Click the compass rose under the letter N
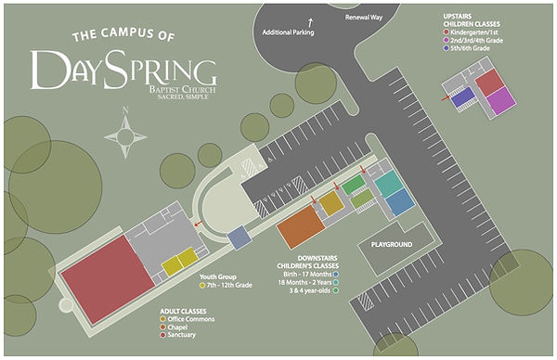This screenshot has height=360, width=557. coord(125,137)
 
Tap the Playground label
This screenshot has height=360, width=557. coord(392,244)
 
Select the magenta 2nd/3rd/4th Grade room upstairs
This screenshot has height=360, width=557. coord(499,100)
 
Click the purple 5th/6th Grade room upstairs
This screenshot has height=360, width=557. coord(461,97)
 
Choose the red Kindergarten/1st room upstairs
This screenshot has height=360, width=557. coord(488,82)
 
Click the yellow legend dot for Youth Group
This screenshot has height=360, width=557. coord(202,285)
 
